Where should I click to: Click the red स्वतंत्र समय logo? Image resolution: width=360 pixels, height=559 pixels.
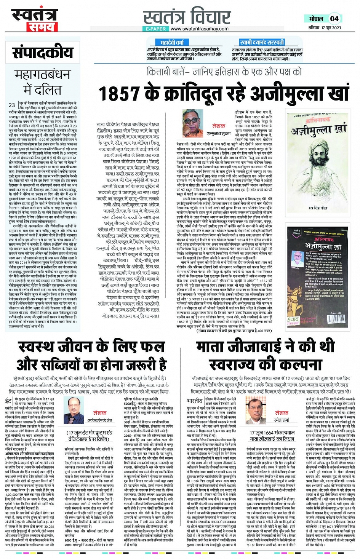(x=35, y=20)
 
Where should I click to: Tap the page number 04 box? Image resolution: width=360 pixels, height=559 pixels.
(x=334, y=18)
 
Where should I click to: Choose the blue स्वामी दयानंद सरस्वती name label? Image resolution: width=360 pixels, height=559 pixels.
(x=262, y=42)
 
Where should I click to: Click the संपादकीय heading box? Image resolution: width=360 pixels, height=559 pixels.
(x=43, y=53)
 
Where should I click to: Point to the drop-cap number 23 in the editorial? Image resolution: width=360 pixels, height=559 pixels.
(x=12, y=105)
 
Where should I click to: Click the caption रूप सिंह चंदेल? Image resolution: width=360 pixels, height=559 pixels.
(x=318, y=208)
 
